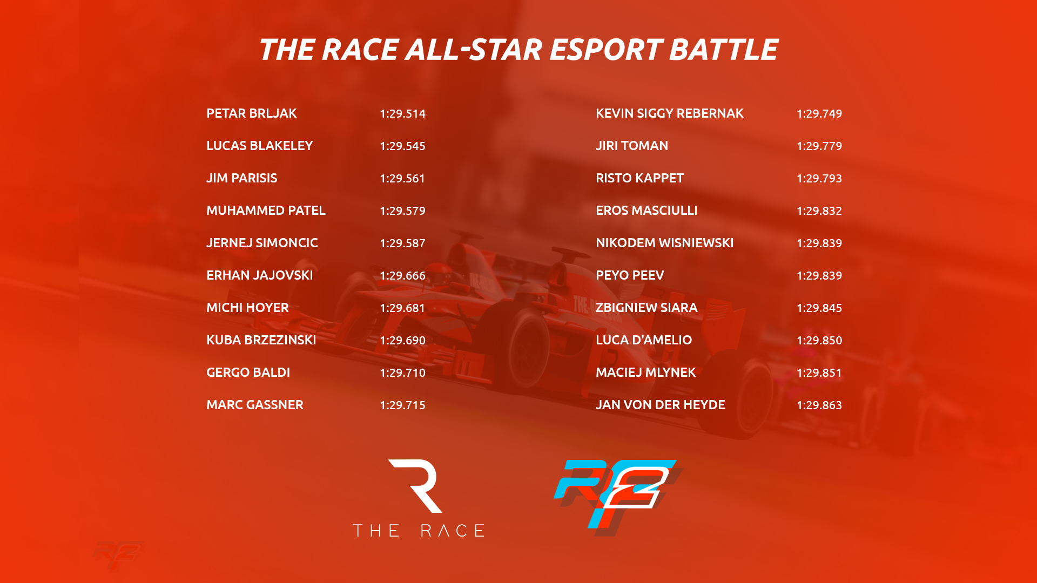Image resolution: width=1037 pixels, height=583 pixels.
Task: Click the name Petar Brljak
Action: (251, 113)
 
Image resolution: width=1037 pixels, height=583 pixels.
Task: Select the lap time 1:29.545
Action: (402, 146)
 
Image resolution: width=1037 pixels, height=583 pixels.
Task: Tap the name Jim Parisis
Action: (241, 178)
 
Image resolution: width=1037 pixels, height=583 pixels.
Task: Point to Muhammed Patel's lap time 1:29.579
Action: (402, 211)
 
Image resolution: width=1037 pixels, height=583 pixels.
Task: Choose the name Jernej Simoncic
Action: (262, 243)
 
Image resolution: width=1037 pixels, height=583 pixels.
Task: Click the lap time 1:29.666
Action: (402, 275)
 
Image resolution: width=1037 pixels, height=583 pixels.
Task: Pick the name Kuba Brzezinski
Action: (261, 340)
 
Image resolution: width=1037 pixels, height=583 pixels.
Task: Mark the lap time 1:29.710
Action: (402, 372)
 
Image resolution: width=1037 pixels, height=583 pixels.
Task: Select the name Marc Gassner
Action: (254, 405)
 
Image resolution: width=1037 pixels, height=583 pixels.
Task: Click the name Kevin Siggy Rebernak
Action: (669, 113)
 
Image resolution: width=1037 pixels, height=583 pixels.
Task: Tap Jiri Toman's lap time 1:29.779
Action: (819, 146)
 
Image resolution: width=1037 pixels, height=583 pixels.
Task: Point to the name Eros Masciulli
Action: (647, 211)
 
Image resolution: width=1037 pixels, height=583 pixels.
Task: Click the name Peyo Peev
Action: (630, 275)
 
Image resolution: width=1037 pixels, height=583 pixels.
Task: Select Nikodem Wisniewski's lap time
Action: (819, 243)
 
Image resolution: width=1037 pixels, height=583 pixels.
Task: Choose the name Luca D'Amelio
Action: (643, 340)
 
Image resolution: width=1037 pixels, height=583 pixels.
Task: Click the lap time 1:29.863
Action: (819, 405)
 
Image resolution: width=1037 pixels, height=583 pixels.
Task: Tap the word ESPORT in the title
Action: (606, 50)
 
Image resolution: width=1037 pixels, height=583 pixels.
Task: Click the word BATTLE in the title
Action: (723, 50)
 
